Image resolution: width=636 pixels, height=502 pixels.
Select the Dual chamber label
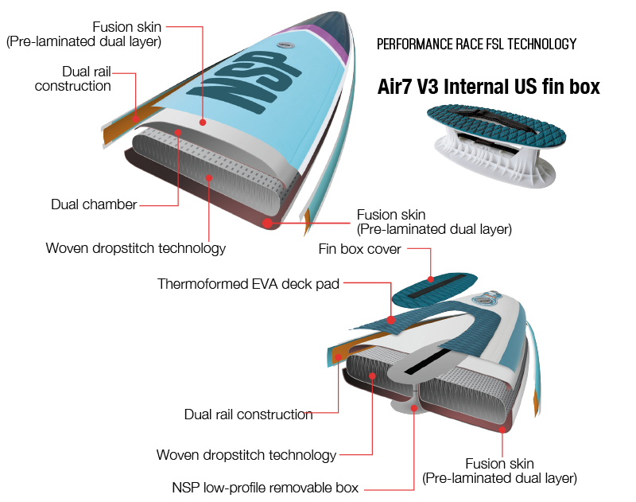click(x=94, y=204)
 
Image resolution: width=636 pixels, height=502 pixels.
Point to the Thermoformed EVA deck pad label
click(x=248, y=284)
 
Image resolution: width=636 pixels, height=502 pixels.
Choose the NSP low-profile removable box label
click(x=266, y=488)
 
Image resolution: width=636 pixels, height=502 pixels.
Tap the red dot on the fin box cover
click(x=430, y=279)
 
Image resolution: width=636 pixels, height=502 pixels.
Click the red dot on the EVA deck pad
click(x=391, y=320)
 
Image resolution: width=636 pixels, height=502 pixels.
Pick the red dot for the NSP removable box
click(x=414, y=407)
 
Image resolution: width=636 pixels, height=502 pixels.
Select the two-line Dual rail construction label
click(x=72, y=79)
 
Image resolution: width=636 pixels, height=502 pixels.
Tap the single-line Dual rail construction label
click(x=248, y=414)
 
